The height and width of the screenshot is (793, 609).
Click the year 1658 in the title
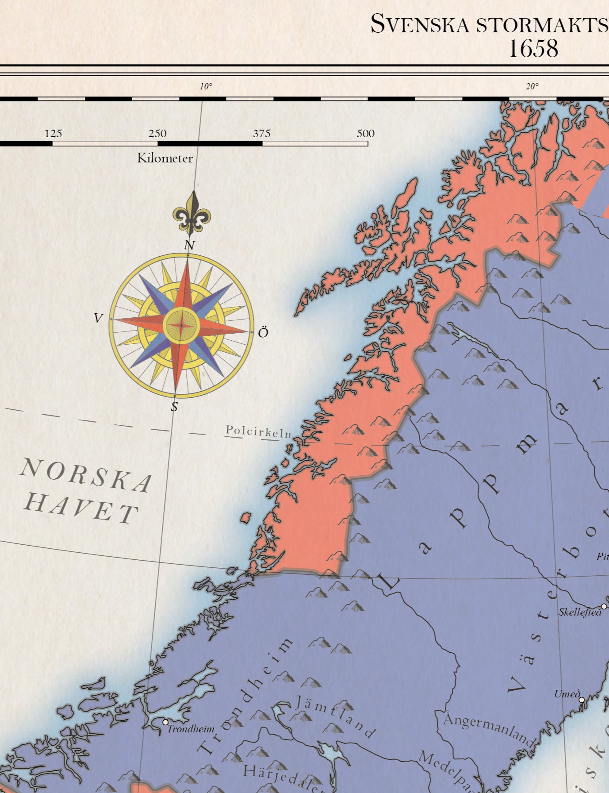pos(533,48)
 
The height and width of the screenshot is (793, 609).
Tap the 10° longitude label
pos(206,87)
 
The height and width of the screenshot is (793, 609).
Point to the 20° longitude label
pos(532,87)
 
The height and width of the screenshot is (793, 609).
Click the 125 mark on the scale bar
pos(54,134)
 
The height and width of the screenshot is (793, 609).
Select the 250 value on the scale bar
pos(157,134)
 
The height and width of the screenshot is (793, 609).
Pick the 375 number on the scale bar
pos(261,134)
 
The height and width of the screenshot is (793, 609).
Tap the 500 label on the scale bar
pos(365,134)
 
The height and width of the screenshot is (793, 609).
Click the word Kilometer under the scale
pos(165,158)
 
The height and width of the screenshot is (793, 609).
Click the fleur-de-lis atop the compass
pos(192,213)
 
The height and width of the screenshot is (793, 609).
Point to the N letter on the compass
pos(189,245)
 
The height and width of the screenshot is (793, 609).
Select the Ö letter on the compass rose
pos(263,333)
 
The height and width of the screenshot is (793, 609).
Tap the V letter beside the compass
pos(99,318)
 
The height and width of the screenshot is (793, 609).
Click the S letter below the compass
pos(174,407)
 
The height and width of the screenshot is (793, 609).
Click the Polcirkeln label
pos(258,431)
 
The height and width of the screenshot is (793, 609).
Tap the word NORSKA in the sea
pos(86,476)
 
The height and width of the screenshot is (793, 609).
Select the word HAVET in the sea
pos(81,508)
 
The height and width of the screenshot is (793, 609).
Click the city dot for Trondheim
pos(165,722)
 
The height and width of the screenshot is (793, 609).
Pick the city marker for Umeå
pos(582,700)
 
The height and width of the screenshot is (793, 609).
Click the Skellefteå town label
pos(580,612)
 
